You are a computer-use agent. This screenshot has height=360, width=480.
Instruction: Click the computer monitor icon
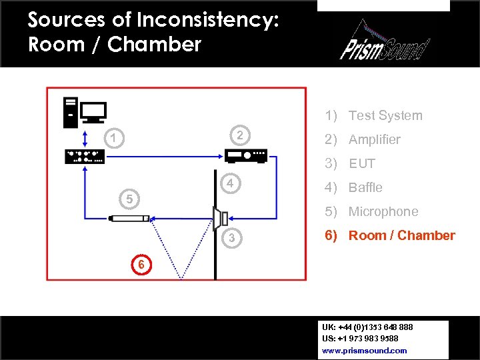[x=93, y=111]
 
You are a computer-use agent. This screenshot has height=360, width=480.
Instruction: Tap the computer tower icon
[x=70, y=112]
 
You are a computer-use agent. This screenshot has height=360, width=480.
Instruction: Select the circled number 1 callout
[x=115, y=139]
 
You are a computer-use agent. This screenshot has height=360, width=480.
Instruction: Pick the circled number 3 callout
[x=231, y=239]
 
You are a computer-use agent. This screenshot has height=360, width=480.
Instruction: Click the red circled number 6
[x=141, y=264]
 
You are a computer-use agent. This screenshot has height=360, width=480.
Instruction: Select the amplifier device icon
[x=246, y=156]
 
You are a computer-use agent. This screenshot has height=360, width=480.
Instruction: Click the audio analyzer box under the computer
[x=85, y=156]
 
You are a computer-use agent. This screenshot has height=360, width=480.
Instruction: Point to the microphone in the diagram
[x=128, y=217]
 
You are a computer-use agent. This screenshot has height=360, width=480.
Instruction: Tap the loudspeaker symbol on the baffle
[x=221, y=217]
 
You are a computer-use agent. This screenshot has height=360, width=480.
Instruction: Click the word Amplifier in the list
[x=375, y=139]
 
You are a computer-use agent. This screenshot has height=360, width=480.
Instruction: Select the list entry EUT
[x=362, y=163]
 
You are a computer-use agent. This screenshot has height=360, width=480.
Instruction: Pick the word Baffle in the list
[x=365, y=187]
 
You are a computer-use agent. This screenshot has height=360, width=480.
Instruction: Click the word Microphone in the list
[x=383, y=211]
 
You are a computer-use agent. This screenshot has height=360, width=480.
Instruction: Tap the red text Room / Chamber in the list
[x=401, y=235]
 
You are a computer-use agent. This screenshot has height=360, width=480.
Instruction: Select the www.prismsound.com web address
[x=364, y=350]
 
